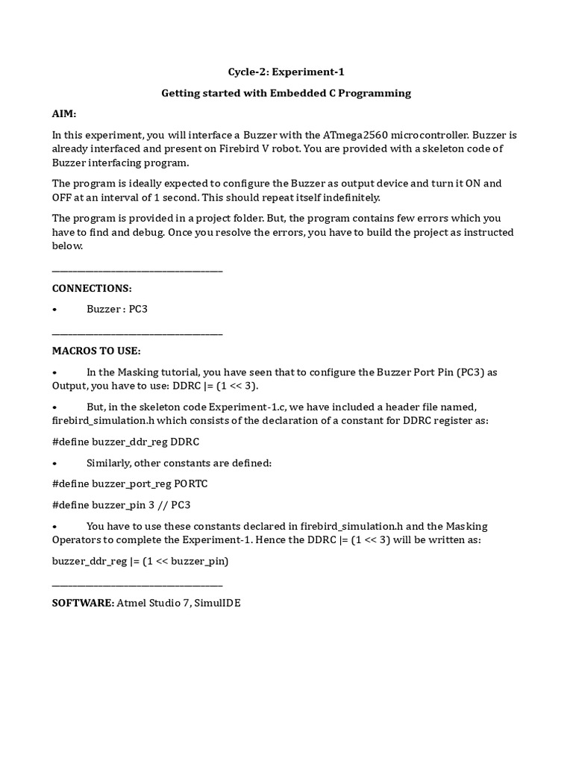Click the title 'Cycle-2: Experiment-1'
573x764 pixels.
[286, 72]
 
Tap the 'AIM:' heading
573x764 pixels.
[64, 114]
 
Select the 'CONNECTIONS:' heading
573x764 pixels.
[92, 288]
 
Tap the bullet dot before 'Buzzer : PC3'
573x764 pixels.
[55, 310]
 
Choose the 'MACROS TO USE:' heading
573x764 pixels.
[96, 351]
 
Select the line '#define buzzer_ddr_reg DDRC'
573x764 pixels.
[125, 442]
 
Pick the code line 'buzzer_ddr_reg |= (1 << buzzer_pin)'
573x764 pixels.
[140, 560]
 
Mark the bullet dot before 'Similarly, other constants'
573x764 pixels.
[55, 463]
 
